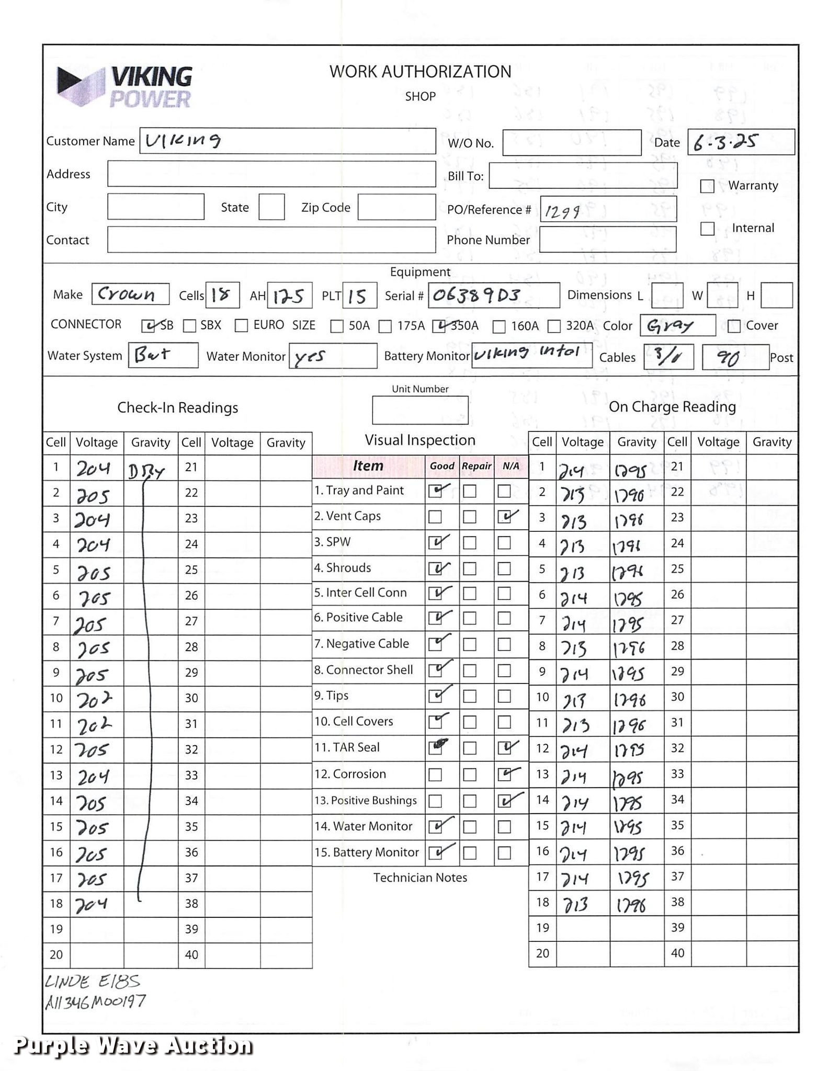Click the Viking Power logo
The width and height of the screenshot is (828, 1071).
click(124, 87)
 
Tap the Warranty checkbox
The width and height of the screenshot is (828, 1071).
click(707, 186)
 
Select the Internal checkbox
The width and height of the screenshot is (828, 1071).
click(707, 229)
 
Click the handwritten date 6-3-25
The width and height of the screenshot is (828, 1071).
click(725, 142)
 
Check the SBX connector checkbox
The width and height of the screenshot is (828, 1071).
click(189, 326)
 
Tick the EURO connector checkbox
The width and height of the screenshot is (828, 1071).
click(241, 326)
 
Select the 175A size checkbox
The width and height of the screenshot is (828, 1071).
click(385, 326)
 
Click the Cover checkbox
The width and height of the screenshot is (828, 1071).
click(734, 326)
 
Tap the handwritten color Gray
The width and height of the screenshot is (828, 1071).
click(670, 326)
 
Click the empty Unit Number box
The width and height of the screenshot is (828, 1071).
click(420, 410)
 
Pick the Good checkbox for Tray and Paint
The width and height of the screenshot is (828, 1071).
click(435, 491)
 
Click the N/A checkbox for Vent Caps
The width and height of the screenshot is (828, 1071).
click(504, 517)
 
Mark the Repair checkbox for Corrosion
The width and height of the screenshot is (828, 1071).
click(470, 774)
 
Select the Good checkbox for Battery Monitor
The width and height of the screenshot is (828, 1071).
click(435, 853)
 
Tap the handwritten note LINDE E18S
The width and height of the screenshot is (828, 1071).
click(93, 982)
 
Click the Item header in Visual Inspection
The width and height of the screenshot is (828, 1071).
click(368, 466)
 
